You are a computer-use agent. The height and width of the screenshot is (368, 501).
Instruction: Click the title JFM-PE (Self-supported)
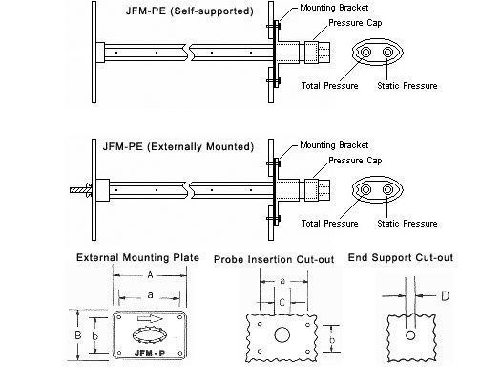point(190,11)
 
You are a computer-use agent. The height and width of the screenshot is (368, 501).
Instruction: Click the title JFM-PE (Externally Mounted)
point(177,146)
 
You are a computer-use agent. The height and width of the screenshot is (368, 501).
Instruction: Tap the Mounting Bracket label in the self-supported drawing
point(334,8)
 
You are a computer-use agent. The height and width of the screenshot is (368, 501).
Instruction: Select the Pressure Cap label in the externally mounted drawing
point(355,161)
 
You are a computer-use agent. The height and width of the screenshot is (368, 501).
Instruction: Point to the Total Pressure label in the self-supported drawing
point(330,86)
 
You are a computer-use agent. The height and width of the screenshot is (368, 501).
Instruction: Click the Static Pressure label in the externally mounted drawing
point(407,224)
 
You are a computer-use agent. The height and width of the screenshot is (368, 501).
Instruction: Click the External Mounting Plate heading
point(137,258)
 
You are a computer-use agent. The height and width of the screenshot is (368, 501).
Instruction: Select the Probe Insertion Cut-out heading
point(274,259)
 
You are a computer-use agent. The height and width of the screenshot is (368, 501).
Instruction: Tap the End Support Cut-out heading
point(401,258)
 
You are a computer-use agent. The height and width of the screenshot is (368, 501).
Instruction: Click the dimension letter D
point(445,296)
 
